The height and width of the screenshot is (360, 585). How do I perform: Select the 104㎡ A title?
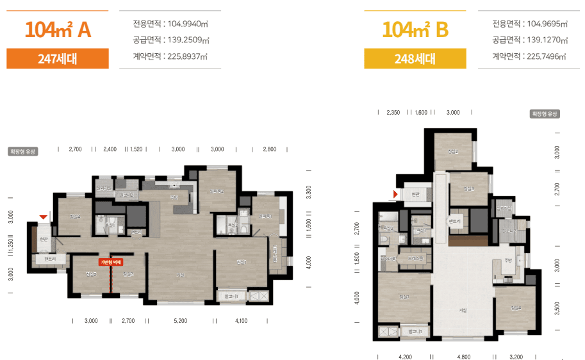pyautogui.click(x=58, y=29)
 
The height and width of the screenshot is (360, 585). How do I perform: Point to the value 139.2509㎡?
pyautogui.click(x=188, y=40)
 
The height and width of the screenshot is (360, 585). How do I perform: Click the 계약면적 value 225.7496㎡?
pyautogui.click(x=546, y=56)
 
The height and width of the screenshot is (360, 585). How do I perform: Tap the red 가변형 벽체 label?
pyautogui.click(x=110, y=262)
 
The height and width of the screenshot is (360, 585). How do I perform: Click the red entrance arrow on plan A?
pyautogui.click(x=43, y=217)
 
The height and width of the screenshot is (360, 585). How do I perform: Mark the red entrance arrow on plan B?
pyautogui.click(x=396, y=193)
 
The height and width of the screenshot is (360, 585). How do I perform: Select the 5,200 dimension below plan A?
pyautogui.click(x=180, y=320)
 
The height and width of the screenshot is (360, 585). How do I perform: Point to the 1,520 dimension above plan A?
pyautogui.click(x=136, y=149)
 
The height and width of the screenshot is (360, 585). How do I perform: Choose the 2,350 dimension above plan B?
pyautogui.click(x=393, y=112)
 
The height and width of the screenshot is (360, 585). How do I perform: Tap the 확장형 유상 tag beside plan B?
pyautogui.click(x=544, y=113)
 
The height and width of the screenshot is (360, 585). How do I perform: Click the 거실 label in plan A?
pyautogui.click(x=180, y=275)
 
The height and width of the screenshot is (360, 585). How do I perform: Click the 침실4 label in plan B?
pyautogui.click(x=516, y=307)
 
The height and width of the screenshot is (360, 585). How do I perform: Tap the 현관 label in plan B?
pyautogui.click(x=415, y=194)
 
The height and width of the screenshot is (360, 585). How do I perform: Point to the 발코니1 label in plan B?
pyautogui.click(x=412, y=332)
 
